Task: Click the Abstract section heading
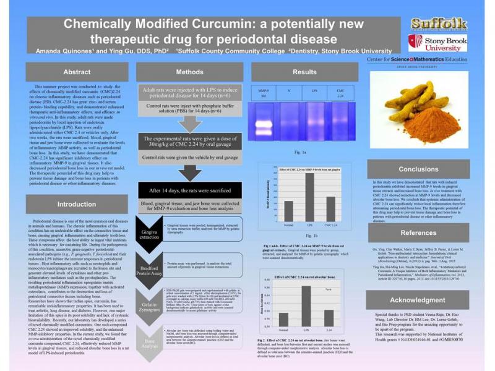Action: pos(77,72)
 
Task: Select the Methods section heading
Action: pos(189,72)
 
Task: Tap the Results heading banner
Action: pos(304,72)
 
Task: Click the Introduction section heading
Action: pos(77,204)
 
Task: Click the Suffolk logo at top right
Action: pos(439,24)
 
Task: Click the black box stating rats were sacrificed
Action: pos(189,190)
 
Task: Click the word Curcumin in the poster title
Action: pos(222,24)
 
